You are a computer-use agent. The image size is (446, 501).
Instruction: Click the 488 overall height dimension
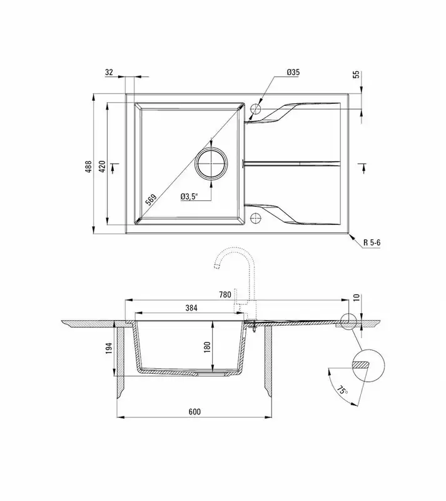[89, 167]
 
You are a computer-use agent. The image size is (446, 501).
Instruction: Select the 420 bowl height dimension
[102, 167]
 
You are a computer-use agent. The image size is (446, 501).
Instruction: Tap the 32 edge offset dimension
[109, 72]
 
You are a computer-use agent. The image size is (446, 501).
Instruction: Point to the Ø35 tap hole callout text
[293, 72]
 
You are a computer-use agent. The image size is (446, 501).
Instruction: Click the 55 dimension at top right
[357, 74]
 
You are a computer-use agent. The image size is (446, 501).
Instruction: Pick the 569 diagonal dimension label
[151, 200]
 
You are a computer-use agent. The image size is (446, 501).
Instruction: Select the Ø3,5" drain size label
[190, 197]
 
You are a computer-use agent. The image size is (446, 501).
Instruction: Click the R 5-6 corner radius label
[372, 242]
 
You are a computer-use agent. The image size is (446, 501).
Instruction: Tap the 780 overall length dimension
[225, 294]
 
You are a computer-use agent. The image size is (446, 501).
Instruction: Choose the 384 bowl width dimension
[191, 307]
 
